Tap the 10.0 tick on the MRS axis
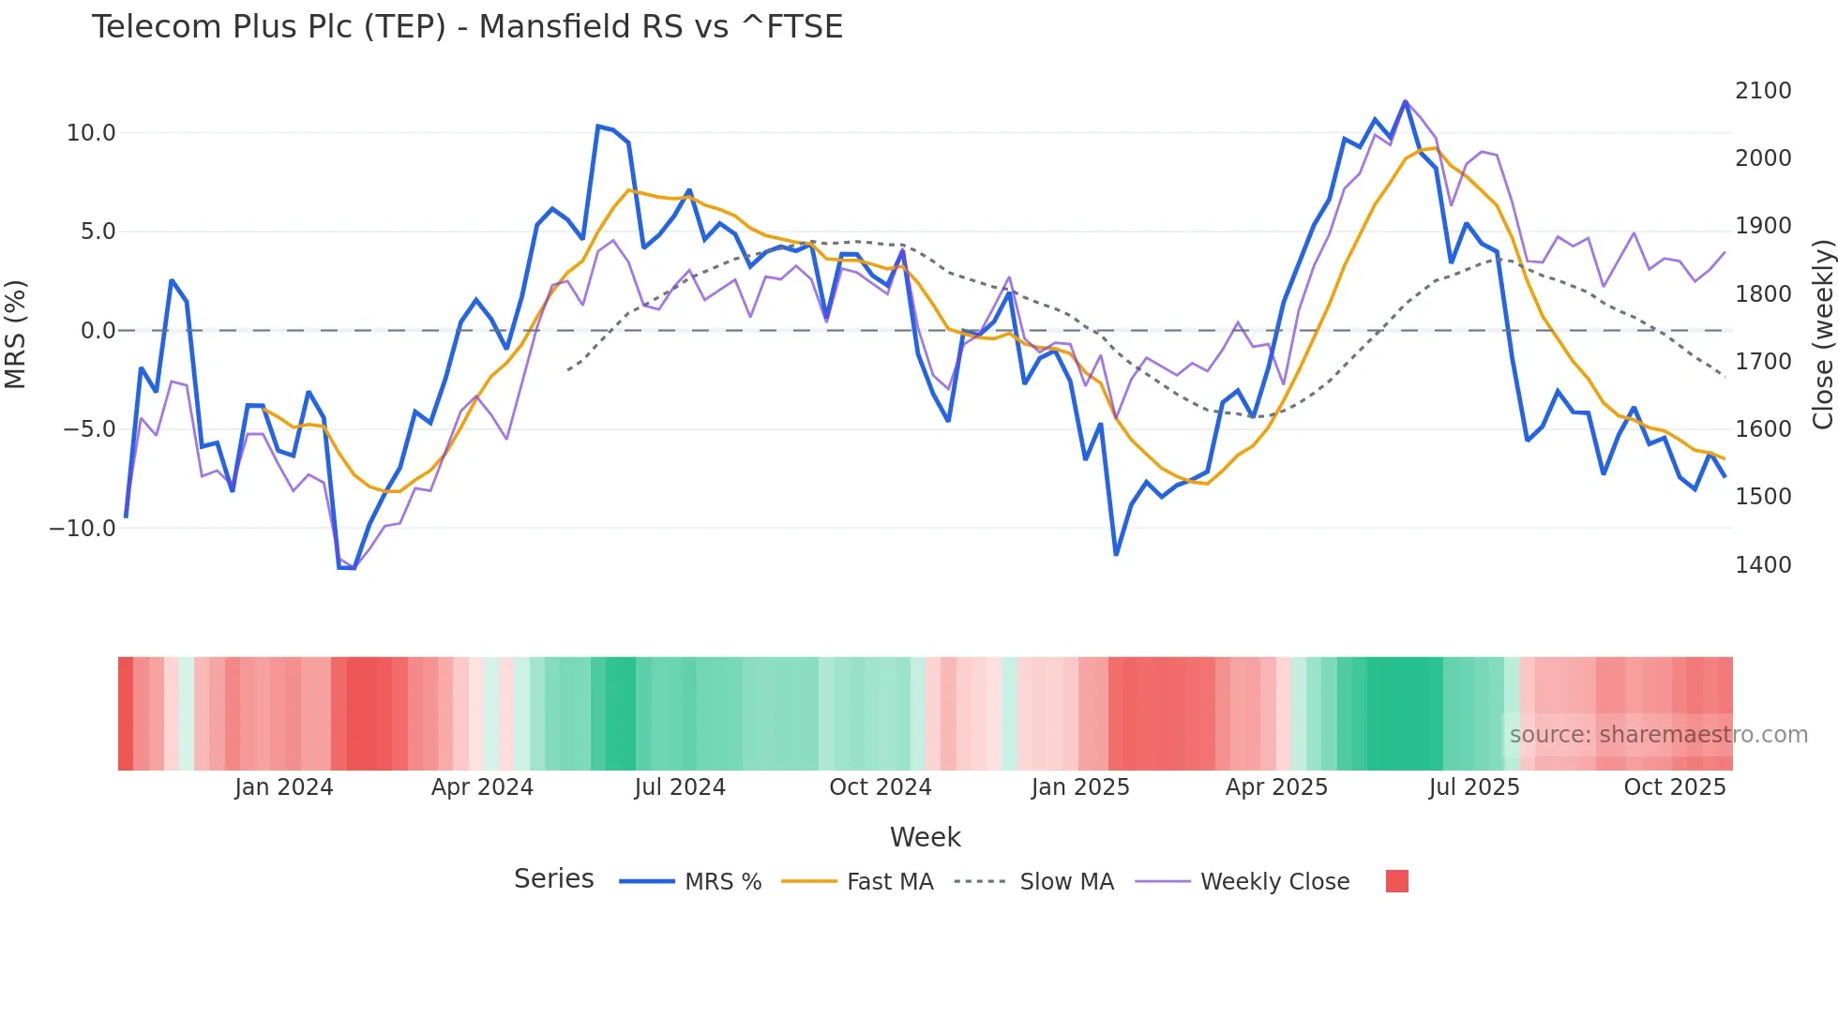pos(91,133)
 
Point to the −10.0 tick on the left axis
pos(83,529)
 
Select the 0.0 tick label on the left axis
pos(98,331)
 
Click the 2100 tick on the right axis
pos(1763,91)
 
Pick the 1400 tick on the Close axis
pos(1763,565)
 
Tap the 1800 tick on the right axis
pos(1763,294)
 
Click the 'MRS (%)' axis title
pos(16,335)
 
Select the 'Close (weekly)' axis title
pos(1822,335)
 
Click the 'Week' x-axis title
pos(925,837)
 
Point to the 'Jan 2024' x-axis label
pos(283,787)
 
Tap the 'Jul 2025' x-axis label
pos(1473,787)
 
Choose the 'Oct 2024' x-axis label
pos(880,787)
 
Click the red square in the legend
pos(1396,881)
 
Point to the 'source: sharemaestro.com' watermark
pos(1658,735)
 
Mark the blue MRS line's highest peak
pos(1405,101)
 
